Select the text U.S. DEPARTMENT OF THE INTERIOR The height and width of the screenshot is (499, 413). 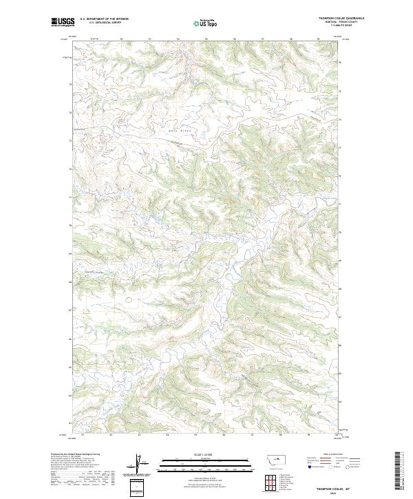tap(104, 19)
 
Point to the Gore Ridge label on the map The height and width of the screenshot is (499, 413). tap(177, 131)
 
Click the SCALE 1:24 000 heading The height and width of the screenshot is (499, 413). tap(206, 454)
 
